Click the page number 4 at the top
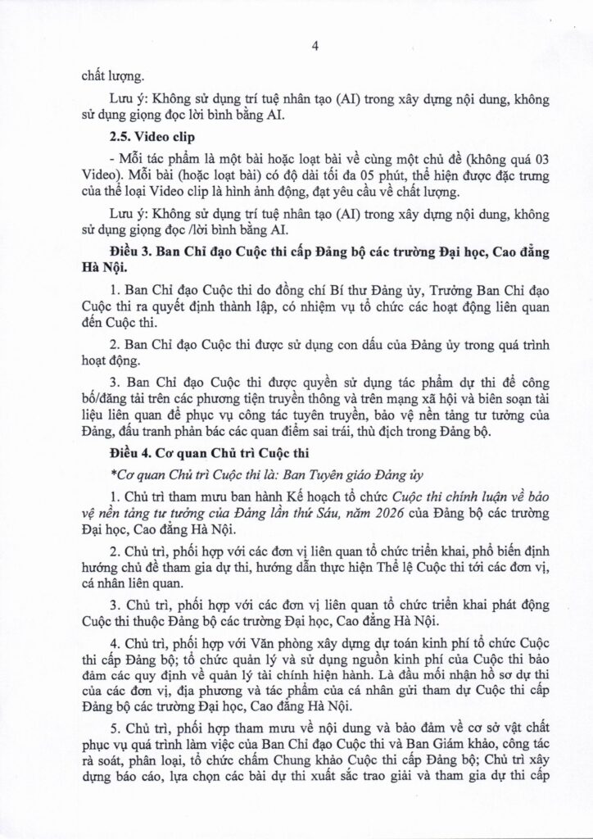click(315, 46)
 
